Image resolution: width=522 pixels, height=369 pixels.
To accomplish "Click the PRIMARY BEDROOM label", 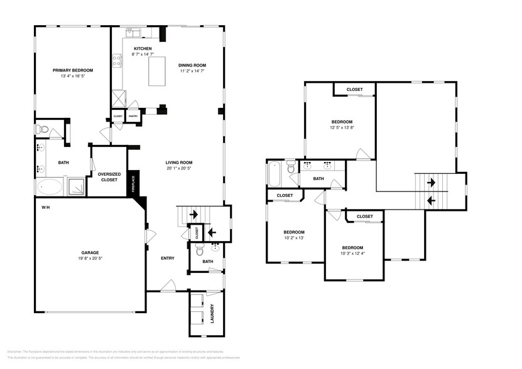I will click(73, 70).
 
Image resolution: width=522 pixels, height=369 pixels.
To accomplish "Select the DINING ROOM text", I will click(192, 65).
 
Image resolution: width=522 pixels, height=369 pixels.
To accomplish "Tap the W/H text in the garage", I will click(46, 207).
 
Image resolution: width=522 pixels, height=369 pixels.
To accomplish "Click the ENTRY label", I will click(168, 258).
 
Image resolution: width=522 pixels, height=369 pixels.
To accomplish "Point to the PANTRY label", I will click(133, 116).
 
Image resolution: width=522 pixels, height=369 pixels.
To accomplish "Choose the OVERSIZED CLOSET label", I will click(109, 176).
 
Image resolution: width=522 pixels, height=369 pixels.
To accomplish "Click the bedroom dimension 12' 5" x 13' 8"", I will click(342, 128).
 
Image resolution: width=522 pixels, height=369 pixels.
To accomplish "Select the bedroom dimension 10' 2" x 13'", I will click(293, 238).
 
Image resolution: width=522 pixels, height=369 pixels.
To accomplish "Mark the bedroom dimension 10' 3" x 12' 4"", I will click(352, 253).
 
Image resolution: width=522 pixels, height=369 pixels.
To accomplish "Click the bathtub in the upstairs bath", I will click(275, 174).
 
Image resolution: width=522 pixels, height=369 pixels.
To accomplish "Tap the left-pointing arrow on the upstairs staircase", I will click(431, 201).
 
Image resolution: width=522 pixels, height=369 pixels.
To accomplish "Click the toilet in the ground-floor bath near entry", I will click(201, 252).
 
